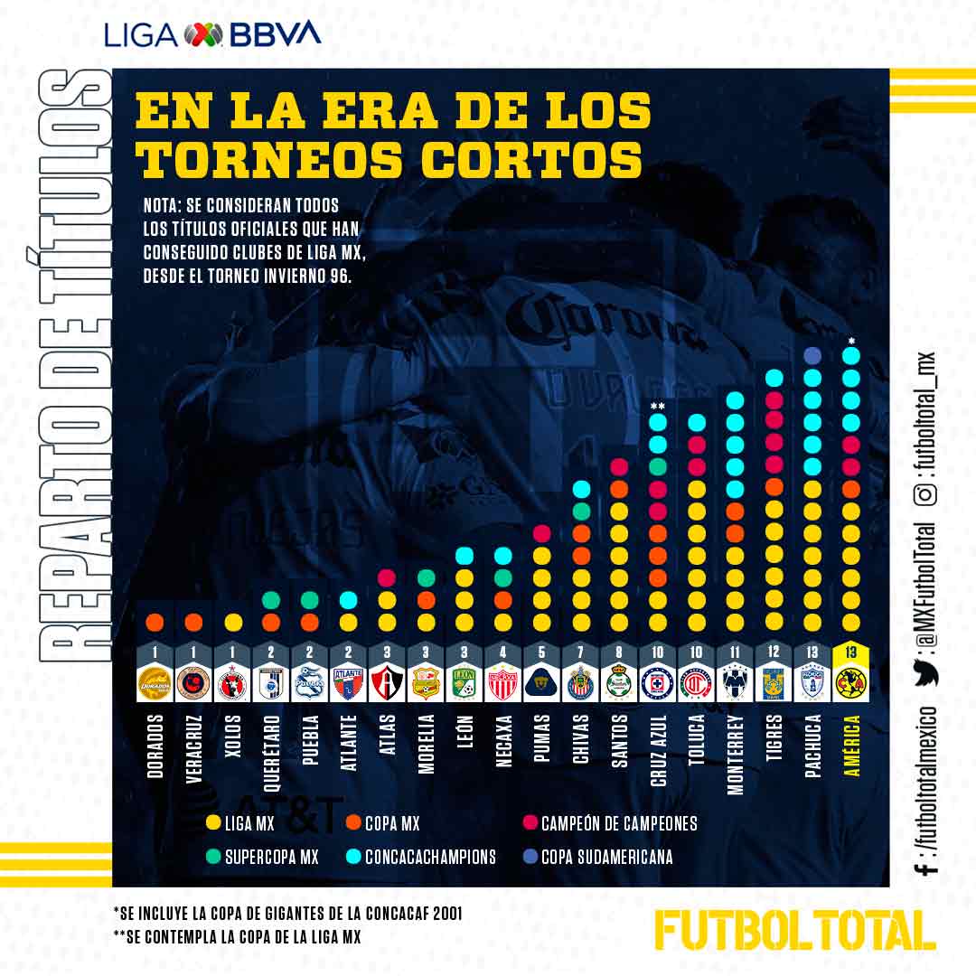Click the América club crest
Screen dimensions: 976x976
pos(850,684)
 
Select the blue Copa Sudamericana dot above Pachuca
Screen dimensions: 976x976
pos(812,355)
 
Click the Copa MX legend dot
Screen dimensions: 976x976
pos(352,823)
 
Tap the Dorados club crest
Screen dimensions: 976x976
pos(154,684)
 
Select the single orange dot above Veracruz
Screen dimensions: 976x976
pos(192,622)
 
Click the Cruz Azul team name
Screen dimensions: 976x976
pos(658,751)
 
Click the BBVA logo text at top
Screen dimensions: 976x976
pos(275,34)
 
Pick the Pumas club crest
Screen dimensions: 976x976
pos(541,684)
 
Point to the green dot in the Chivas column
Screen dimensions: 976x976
pos(581,511)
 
